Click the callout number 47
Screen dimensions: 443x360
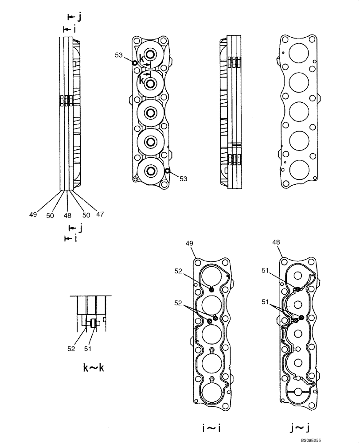tap(100, 214)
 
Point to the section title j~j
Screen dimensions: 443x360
tap(297, 428)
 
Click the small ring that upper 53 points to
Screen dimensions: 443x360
tap(134, 62)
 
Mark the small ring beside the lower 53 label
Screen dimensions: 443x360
tap(167, 171)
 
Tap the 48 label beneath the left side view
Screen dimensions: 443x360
tap(67, 215)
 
